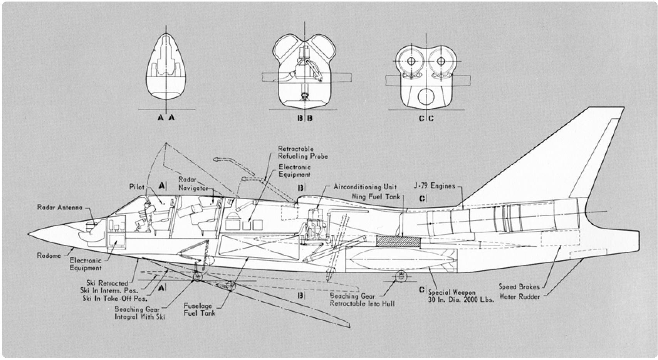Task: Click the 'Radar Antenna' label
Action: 60,207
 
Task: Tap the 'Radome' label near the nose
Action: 49,256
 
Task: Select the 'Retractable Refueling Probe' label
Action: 303,152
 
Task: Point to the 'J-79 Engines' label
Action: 434,186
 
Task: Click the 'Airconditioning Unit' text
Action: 365,187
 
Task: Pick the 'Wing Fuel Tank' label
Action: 376,197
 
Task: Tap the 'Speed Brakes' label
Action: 519,287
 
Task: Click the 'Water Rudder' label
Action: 520,297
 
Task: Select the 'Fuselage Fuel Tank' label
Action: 199,310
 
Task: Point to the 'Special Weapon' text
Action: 452,293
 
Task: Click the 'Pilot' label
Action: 136,187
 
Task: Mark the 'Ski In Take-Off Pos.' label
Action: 114,298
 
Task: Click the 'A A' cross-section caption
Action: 166,118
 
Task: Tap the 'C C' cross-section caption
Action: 426,118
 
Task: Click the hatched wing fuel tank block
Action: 398,241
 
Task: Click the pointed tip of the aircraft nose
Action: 29,233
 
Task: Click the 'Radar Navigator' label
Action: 193,184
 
